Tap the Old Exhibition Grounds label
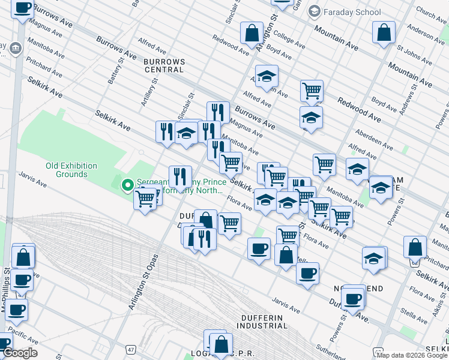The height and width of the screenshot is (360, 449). [x=72, y=170]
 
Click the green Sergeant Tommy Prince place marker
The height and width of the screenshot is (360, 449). [x=127, y=185]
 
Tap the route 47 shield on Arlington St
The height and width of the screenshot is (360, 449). [x=130, y=349]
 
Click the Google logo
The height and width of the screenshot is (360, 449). [x=19, y=353]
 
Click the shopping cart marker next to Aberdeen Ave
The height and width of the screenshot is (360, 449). [x=324, y=164]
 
